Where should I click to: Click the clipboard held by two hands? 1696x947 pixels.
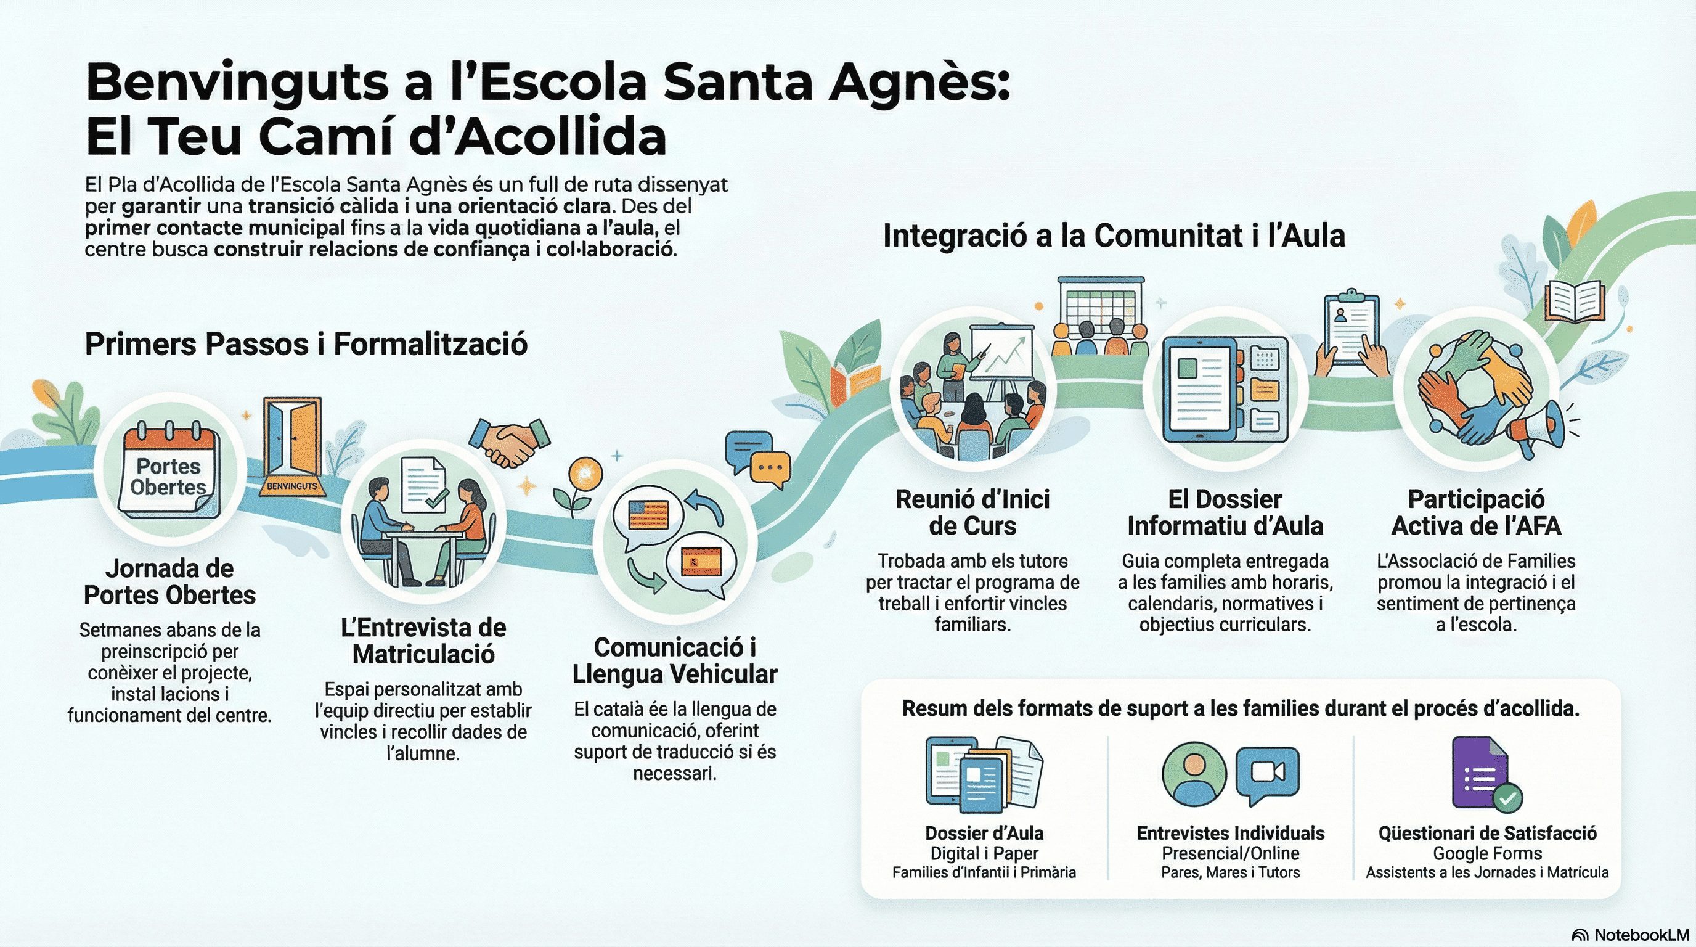[1351, 331]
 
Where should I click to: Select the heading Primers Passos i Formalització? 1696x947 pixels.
[306, 345]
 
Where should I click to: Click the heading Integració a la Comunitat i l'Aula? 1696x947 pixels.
[1114, 236]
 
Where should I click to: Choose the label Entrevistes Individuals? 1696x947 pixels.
[1231, 833]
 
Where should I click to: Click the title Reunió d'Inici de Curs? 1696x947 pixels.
[972, 512]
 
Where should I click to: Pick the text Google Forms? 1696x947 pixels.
[1487, 853]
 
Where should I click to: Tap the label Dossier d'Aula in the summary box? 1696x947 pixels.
[984, 833]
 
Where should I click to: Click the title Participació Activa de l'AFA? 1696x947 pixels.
[1476, 512]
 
